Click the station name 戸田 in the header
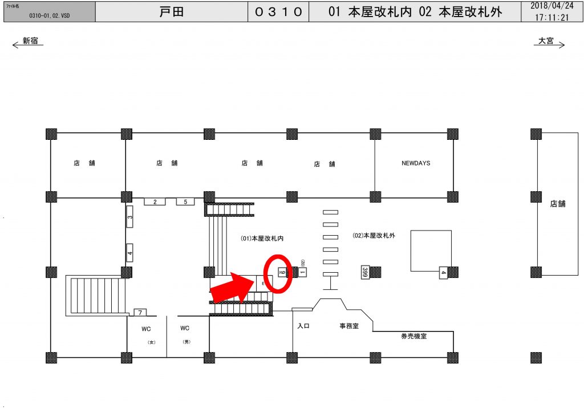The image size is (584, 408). click(172, 11)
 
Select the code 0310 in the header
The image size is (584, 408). click(278, 12)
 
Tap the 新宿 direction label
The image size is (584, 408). click(30, 41)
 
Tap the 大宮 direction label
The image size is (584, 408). click(546, 41)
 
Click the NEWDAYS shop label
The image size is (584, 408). click(416, 163)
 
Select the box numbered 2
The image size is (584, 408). click(155, 201)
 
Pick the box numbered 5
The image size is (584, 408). click(185, 201)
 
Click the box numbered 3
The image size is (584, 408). click(129, 217)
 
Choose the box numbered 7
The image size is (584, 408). click(140, 312)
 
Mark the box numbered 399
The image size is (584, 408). click(364, 272)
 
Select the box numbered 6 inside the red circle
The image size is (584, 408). click(282, 272)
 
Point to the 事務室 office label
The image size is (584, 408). click(349, 326)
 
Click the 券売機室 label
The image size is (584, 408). click(413, 337)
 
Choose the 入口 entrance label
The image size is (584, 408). click(303, 326)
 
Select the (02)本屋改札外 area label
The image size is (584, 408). click(374, 235)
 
